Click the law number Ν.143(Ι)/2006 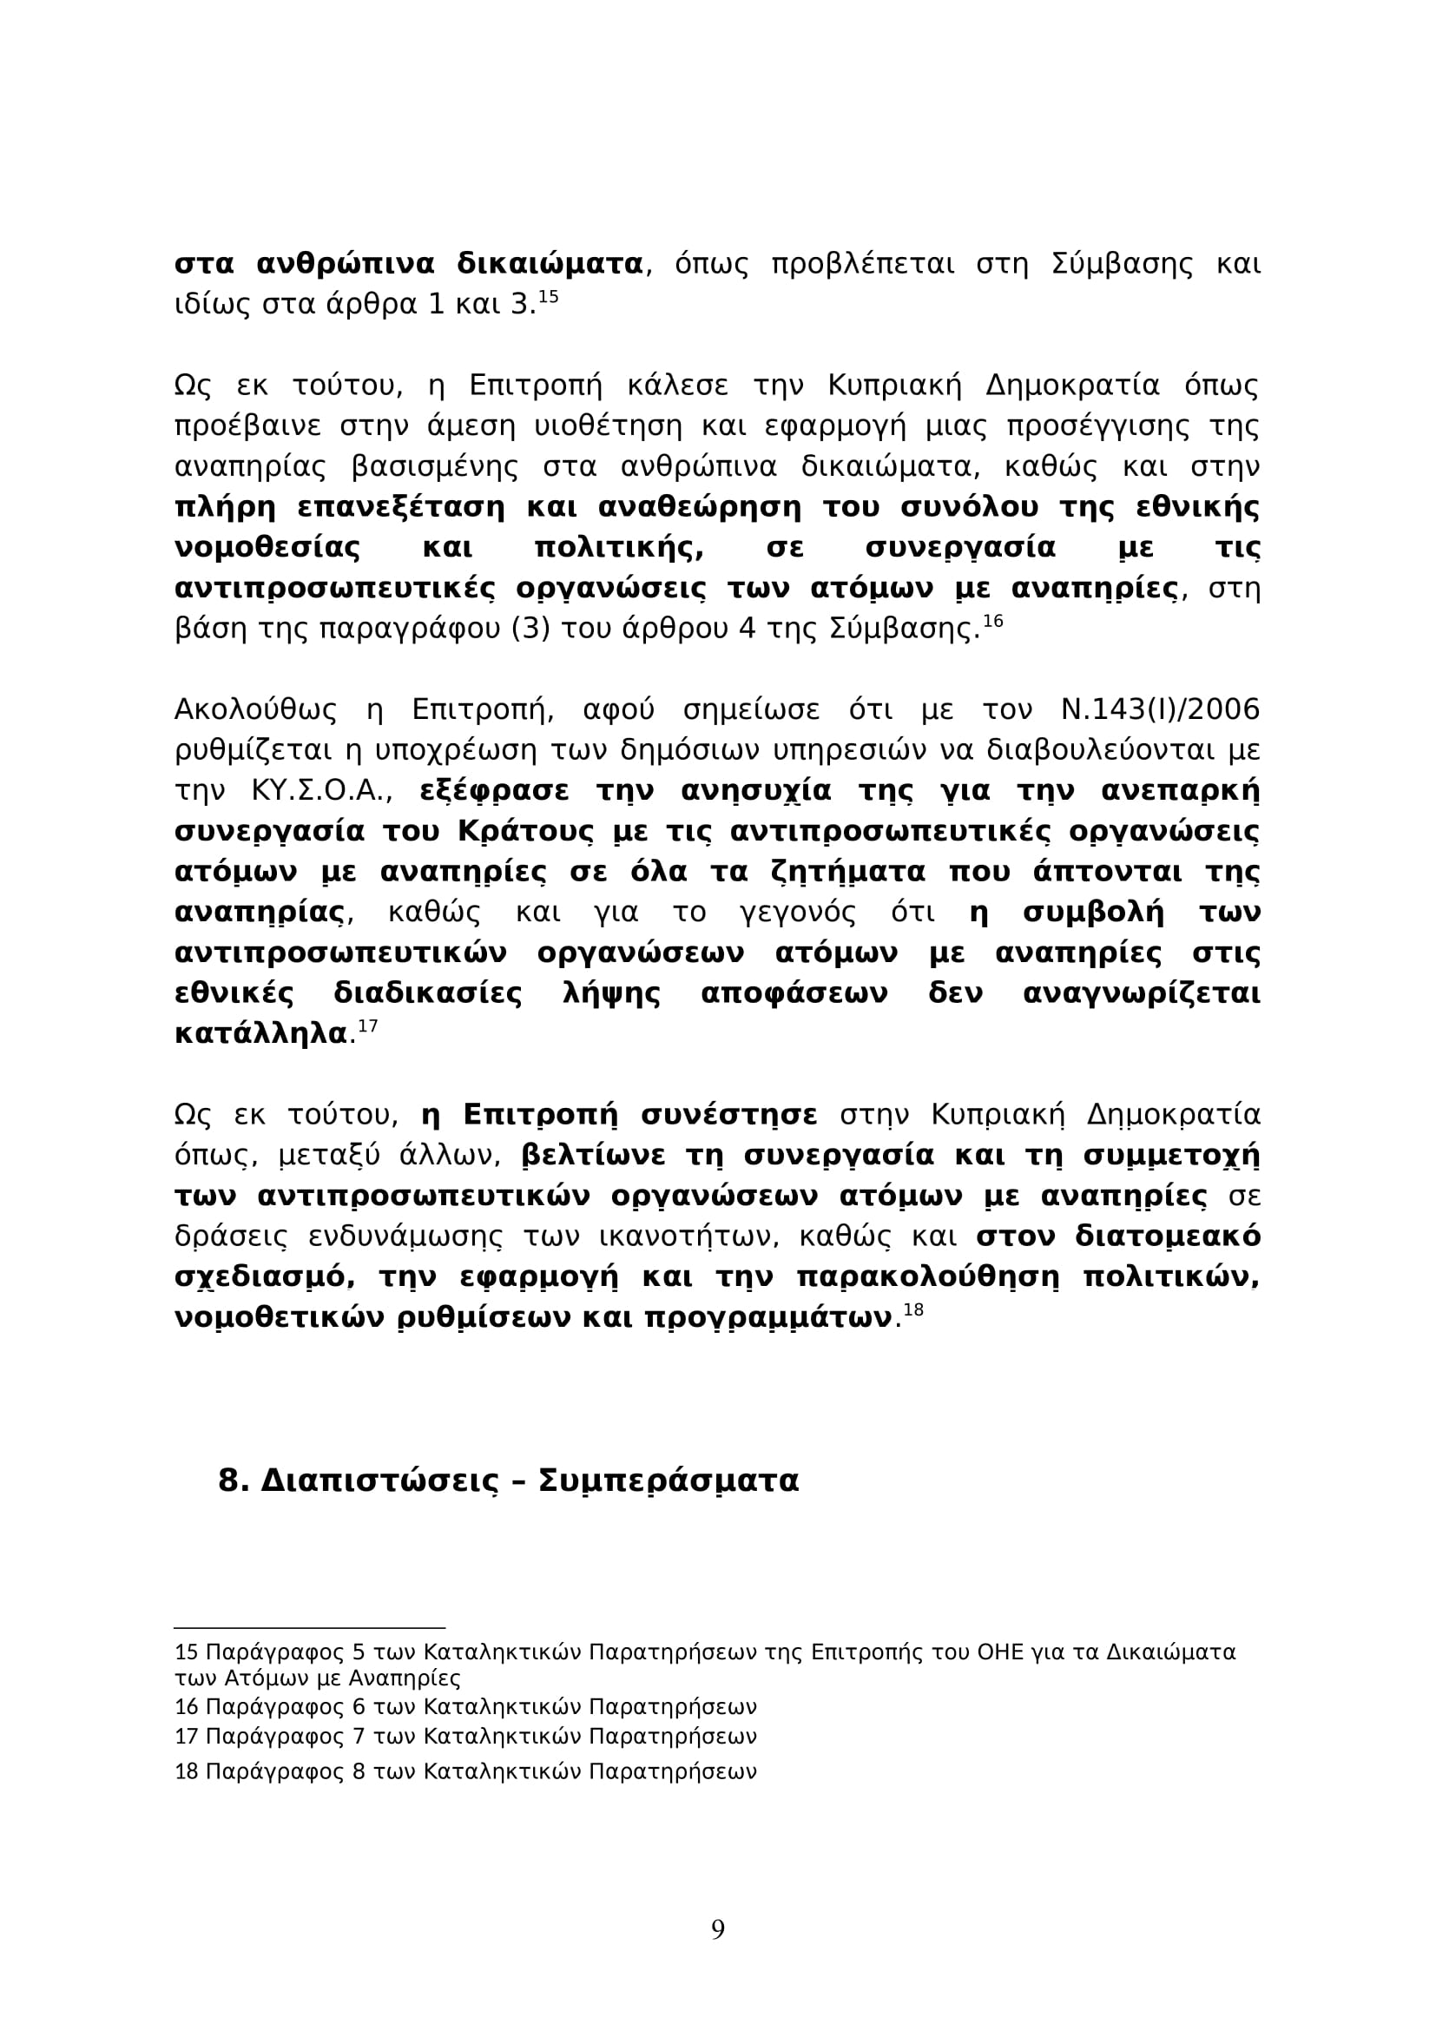(x=1159, y=710)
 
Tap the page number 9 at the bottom (x=718, y=1929)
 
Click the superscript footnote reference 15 (x=548, y=296)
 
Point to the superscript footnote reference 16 (x=993, y=621)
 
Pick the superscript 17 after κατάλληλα (x=368, y=1026)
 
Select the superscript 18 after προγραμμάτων (x=913, y=1310)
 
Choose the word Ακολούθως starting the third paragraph (x=255, y=710)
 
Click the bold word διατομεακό (x=1167, y=1236)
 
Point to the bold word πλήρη (x=225, y=508)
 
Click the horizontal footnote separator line (x=309, y=1626)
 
